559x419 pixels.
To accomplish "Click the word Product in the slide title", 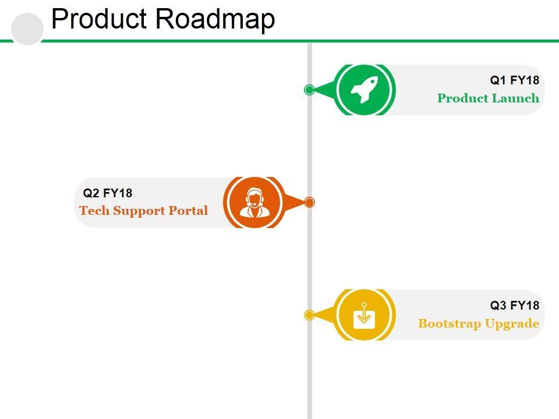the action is click(x=99, y=19).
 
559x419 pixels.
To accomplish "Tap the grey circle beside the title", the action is click(x=27, y=29).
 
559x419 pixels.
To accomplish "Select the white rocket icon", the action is click(x=364, y=90).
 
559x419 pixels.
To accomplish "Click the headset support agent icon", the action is click(x=254, y=203).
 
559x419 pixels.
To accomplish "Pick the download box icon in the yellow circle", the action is click(x=364, y=315).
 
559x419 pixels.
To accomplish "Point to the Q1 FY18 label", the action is click(x=514, y=80).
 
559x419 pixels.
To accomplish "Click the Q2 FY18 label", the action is click(x=108, y=193).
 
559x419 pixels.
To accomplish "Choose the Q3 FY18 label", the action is click(x=514, y=306).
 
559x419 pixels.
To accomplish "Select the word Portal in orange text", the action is click(x=188, y=211).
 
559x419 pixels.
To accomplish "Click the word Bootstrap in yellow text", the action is click(x=450, y=324).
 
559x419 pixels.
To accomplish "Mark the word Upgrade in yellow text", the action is click(x=512, y=324).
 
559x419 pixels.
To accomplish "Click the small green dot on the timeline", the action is click(x=309, y=90).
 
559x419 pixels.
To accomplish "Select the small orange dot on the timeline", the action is click(x=309, y=203).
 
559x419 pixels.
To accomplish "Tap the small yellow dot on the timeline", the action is click(x=309, y=315).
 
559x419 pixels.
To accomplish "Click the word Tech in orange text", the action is click(x=94, y=211).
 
